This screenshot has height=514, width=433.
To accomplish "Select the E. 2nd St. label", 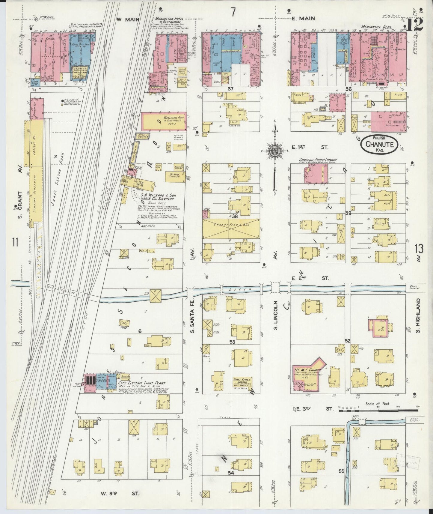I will (310, 278).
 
